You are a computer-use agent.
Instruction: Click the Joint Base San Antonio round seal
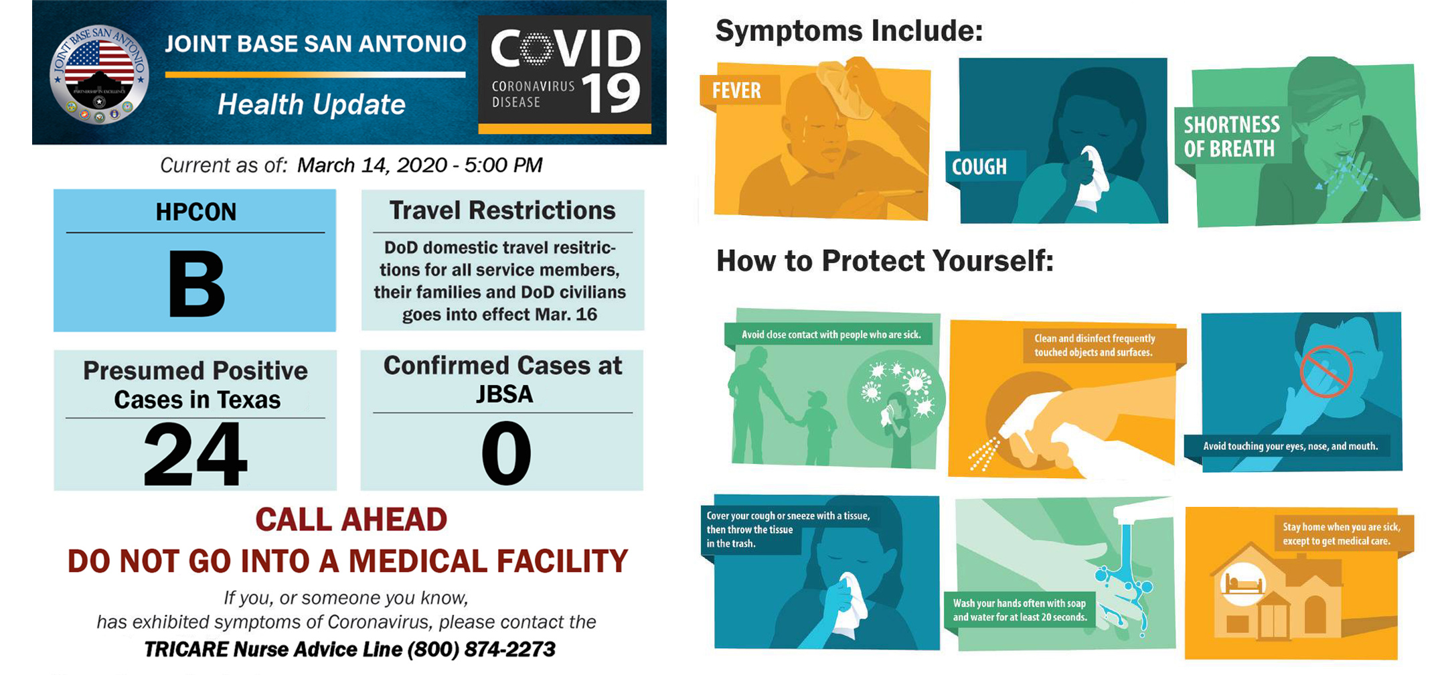tap(99, 76)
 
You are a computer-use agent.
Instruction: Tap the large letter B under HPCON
tap(196, 284)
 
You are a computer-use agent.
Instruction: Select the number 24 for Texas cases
tap(195, 453)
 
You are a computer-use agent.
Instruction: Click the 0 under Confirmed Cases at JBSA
tap(506, 453)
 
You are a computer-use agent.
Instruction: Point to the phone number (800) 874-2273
tap(481, 649)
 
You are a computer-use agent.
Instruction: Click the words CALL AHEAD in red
tap(351, 520)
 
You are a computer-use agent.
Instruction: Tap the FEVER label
tap(736, 90)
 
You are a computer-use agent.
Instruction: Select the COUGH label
tap(979, 167)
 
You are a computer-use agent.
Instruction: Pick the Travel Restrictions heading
tap(503, 210)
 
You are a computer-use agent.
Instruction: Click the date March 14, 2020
tap(372, 165)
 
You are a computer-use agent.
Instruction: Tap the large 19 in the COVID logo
tap(612, 94)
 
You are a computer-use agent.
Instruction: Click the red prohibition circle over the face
tap(1326, 372)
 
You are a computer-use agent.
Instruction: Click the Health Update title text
tap(311, 104)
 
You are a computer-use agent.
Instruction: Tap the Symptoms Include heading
tap(849, 31)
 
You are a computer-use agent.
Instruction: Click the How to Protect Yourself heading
tap(885, 260)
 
